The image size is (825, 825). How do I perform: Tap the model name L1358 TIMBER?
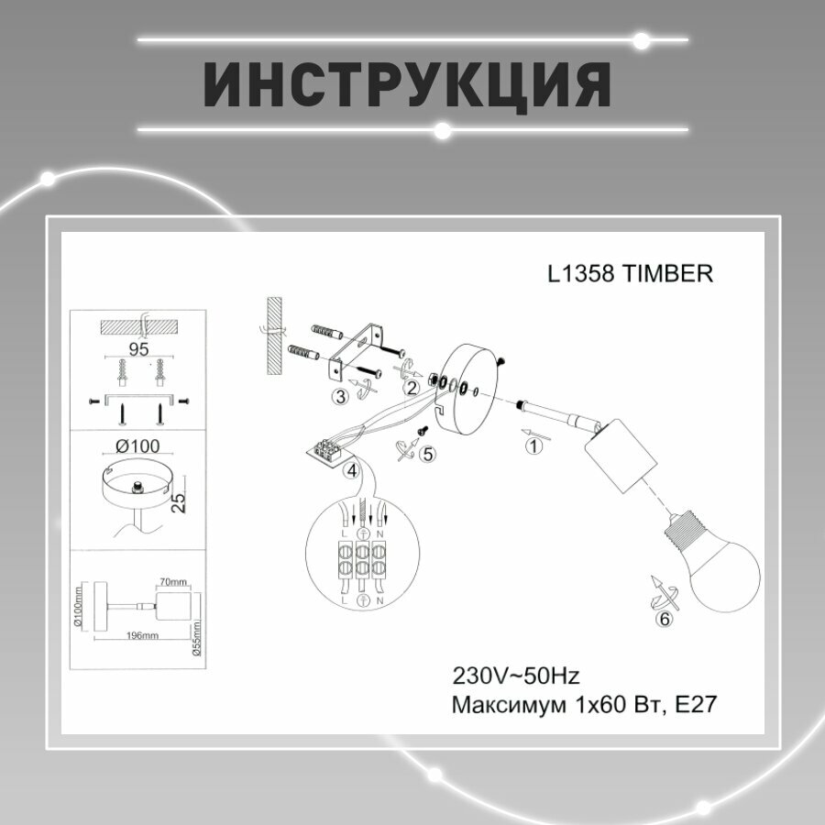(629, 273)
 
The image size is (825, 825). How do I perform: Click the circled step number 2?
(412, 388)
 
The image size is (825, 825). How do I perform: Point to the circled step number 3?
(340, 396)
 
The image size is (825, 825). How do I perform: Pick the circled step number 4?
(350, 472)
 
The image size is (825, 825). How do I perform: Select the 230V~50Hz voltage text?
(516, 676)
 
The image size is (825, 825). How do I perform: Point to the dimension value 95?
(138, 349)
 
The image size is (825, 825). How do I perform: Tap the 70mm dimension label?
(172, 581)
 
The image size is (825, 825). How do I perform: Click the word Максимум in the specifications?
(506, 704)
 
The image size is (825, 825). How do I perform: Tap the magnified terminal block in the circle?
(363, 558)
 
